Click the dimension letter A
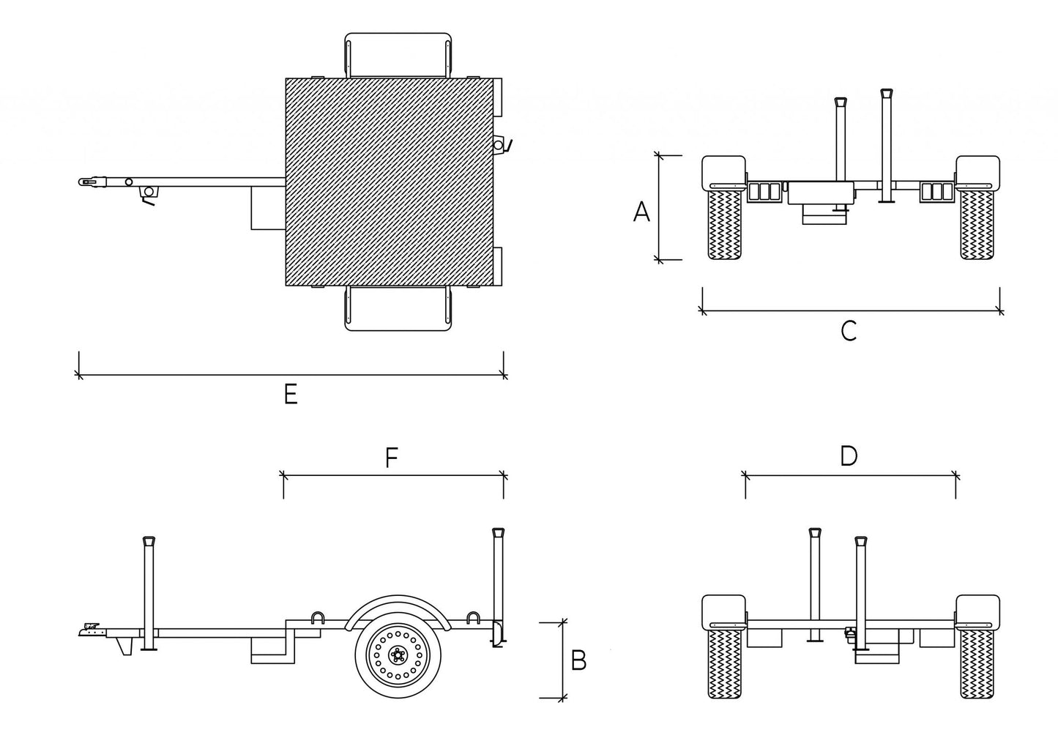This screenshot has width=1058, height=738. pos(641,212)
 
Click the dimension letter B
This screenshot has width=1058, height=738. pos(578,661)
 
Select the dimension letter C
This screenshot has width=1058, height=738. pos(849,332)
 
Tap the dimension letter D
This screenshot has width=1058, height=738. pos(849,456)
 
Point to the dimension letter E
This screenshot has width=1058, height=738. pos(291,395)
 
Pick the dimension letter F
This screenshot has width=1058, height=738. pos(392,459)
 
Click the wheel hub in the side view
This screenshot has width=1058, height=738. pos(398,653)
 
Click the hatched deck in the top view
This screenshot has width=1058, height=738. pos(389,182)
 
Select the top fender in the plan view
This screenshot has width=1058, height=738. pos(398,54)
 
